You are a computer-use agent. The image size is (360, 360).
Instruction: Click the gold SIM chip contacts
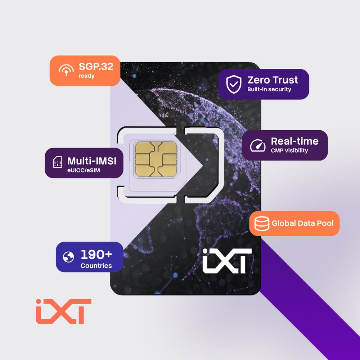pyautogui.click(x=156, y=159)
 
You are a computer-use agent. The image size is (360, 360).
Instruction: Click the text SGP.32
pyautogui.click(x=96, y=67)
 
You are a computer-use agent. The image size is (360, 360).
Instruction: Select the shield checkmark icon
pyautogui.click(x=234, y=84)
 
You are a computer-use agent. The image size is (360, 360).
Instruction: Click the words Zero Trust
pyautogui.click(x=273, y=80)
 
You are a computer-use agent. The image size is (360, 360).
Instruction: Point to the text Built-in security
pyautogui.click(x=269, y=89)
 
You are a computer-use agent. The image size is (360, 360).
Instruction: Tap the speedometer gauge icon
pyautogui.click(x=258, y=145)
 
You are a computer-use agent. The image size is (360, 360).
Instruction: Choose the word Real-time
pyautogui.click(x=294, y=141)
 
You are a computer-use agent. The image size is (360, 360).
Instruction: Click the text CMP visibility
pyautogui.click(x=289, y=150)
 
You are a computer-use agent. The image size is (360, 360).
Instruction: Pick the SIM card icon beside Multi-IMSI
pyautogui.click(x=57, y=162)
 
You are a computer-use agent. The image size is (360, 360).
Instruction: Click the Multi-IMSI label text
pyautogui.click(x=91, y=161)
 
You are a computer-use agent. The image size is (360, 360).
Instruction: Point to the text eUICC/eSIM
pyautogui.click(x=84, y=170)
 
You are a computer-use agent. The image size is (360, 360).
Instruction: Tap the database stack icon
pyautogui.click(x=262, y=224)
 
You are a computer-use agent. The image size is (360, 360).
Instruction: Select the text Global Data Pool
pyautogui.click(x=302, y=224)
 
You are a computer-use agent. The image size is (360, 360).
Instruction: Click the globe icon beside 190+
pyautogui.click(x=68, y=257)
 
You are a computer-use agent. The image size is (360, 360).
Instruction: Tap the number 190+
pyautogui.click(x=96, y=255)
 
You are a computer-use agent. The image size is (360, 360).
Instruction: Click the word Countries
pyautogui.click(x=96, y=266)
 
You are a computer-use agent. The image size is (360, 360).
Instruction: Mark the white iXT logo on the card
pyautogui.click(x=227, y=261)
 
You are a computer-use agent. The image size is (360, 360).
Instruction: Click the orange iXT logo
pyautogui.click(x=64, y=311)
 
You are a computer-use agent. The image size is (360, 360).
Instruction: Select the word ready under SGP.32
pyautogui.click(x=86, y=76)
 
